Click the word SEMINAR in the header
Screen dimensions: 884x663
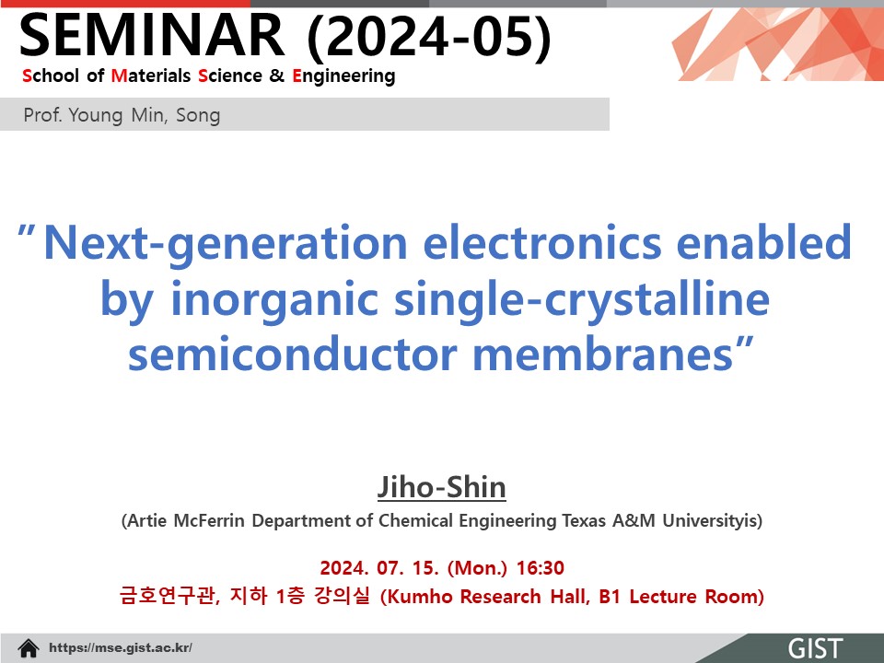coord(152,35)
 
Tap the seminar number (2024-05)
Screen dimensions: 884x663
coord(429,37)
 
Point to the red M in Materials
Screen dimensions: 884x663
coord(119,76)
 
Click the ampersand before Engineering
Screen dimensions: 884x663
coord(277,76)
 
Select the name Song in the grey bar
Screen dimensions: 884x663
coord(198,116)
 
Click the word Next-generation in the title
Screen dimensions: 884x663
coord(225,243)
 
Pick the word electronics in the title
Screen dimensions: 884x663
coord(541,242)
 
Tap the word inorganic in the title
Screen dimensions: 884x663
coord(274,299)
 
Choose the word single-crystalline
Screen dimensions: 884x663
coord(581,299)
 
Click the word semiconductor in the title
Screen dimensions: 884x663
coord(292,355)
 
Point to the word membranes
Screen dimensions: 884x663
coord(602,355)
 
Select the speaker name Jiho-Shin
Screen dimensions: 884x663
coord(441,487)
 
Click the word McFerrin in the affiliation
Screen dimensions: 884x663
coord(209,520)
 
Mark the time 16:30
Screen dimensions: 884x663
coord(541,568)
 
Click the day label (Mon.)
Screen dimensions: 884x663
coord(477,568)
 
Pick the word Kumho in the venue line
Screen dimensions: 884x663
coord(417,597)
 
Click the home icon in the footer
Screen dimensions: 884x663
coord(29,648)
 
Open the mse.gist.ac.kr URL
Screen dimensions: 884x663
coord(121,647)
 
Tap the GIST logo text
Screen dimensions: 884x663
coord(815,649)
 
